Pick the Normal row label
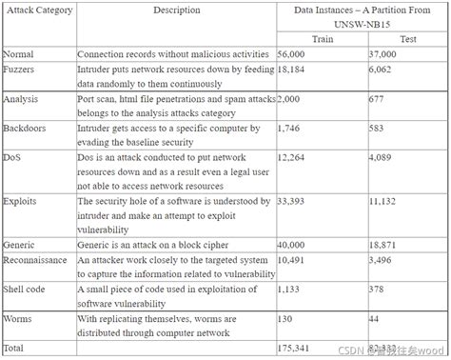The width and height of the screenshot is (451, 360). (x=21, y=55)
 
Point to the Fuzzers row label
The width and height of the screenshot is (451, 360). (x=23, y=70)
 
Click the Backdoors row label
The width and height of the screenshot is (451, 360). (x=27, y=126)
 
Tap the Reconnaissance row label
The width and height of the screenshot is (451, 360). (x=37, y=258)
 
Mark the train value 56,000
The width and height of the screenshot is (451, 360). (x=292, y=55)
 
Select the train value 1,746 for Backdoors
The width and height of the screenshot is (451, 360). (x=289, y=126)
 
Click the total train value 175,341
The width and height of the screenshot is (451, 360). (x=295, y=348)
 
